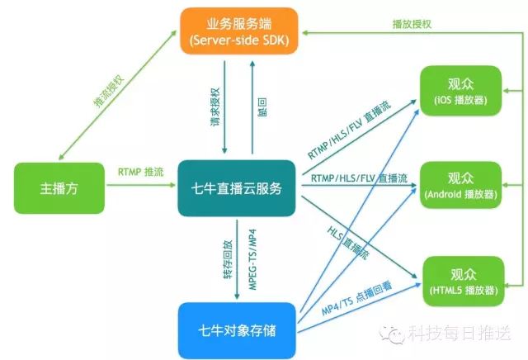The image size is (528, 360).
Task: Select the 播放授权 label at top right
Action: click(x=412, y=24)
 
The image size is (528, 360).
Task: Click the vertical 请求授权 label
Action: click(x=214, y=108)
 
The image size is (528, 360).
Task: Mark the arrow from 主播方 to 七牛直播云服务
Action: click(x=140, y=187)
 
